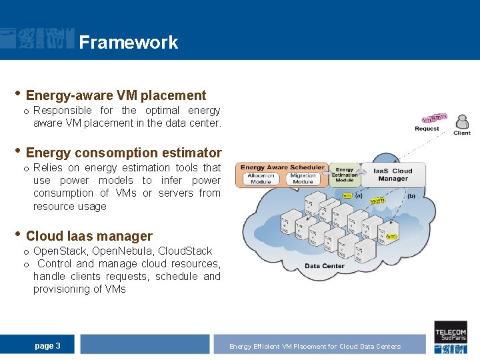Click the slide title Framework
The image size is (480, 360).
click(x=128, y=43)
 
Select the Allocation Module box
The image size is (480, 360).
click(x=261, y=179)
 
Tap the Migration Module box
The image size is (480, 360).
click(x=303, y=179)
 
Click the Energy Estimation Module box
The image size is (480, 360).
click(x=345, y=175)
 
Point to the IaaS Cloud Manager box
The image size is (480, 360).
click(x=393, y=175)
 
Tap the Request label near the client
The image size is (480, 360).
click(x=427, y=129)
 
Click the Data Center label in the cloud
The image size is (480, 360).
click(x=325, y=266)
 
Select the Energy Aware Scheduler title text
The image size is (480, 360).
click(x=282, y=167)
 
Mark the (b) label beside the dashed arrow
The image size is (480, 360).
click(x=411, y=196)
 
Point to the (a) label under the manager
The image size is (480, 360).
click(x=359, y=195)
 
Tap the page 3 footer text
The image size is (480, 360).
click(x=47, y=345)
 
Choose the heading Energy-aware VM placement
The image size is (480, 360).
click(x=116, y=95)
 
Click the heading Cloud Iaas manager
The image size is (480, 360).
click(x=89, y=236)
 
